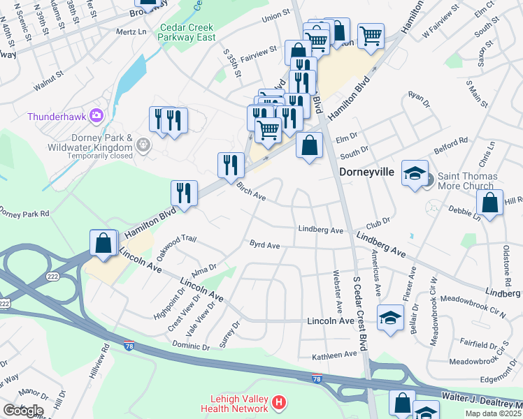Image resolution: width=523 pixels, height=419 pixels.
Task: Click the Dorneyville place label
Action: [367, 171]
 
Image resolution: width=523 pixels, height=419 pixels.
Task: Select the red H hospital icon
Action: [279, 402]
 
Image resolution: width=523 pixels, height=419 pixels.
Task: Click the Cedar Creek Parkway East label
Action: [187, 33]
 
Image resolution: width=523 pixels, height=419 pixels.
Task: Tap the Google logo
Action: [22, 411]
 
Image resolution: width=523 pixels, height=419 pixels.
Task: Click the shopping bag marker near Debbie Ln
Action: [489, 203]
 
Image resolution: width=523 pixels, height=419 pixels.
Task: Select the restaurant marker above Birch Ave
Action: [231, 165]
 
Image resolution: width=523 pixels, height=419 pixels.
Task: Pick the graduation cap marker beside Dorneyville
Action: [415, 173]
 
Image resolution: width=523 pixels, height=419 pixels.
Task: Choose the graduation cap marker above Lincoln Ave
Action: [390, 318]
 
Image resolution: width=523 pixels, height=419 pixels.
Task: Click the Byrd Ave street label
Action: [265, 245]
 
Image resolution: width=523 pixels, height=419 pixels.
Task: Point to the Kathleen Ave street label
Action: [335, 355]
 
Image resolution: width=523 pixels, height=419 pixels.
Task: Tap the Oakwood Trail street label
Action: [172, 247]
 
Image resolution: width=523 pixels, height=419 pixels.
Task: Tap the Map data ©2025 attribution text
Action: [493, 413]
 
